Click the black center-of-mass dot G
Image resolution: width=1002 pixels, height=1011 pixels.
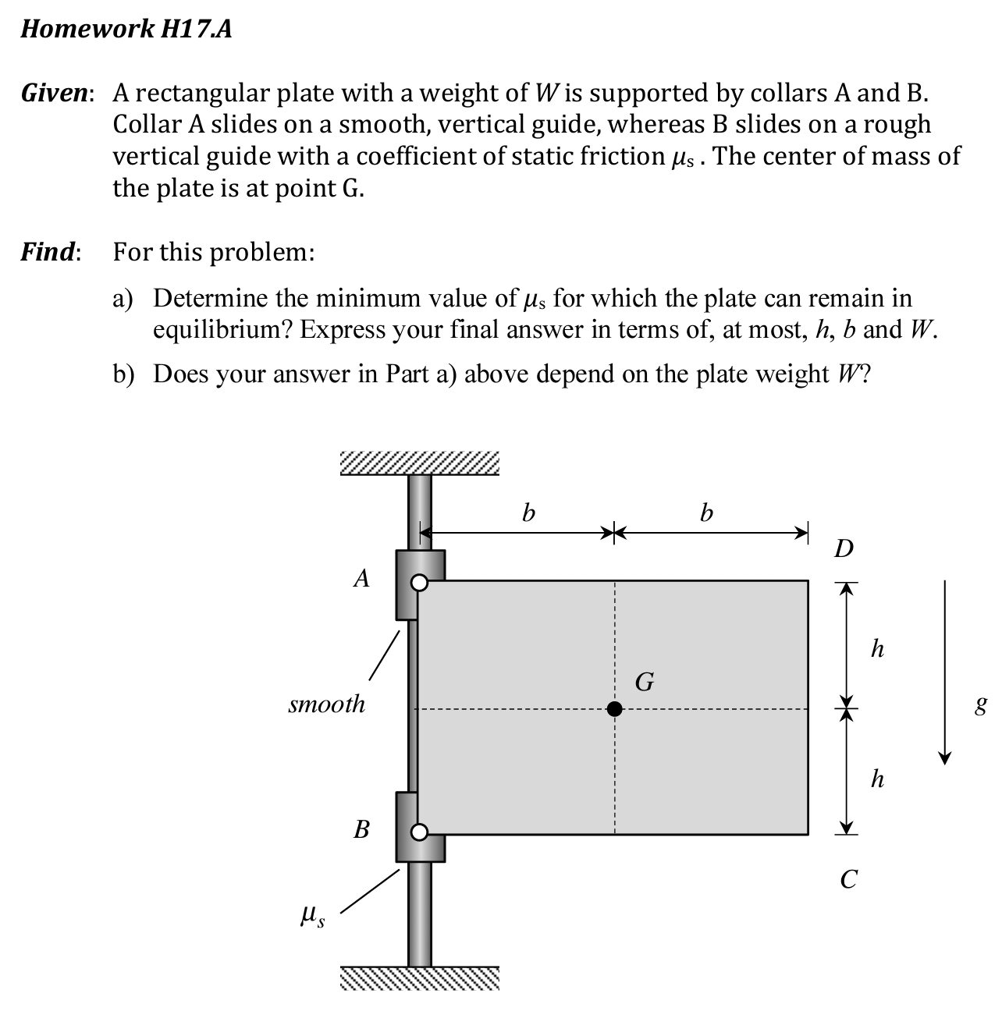point(615,709)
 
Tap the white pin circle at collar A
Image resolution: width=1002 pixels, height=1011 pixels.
point(419,583)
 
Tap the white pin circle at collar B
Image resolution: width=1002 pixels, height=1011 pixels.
point(419,832)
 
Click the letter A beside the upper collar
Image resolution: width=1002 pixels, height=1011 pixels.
point(361,578)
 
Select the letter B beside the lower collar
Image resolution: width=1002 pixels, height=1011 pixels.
point(361,828)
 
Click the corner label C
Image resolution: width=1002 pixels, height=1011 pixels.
point(848,880)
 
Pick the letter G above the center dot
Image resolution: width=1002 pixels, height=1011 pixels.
point(645,683)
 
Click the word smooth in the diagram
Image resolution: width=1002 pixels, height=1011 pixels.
point(326,704)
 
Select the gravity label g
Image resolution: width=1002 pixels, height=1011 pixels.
point(981,706)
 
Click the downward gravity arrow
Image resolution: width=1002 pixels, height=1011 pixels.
point(945,671)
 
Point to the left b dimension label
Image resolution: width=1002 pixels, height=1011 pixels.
point(528,513)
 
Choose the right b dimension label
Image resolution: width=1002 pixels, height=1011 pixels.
point(706,513)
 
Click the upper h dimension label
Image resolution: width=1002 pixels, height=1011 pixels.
point(878,647)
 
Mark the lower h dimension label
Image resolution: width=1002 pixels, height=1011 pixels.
point(878,778)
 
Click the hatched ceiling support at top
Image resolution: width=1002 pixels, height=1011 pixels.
point(419,463)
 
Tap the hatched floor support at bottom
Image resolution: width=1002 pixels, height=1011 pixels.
point(419,978)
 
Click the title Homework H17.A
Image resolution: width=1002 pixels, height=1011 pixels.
point(126,30)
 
